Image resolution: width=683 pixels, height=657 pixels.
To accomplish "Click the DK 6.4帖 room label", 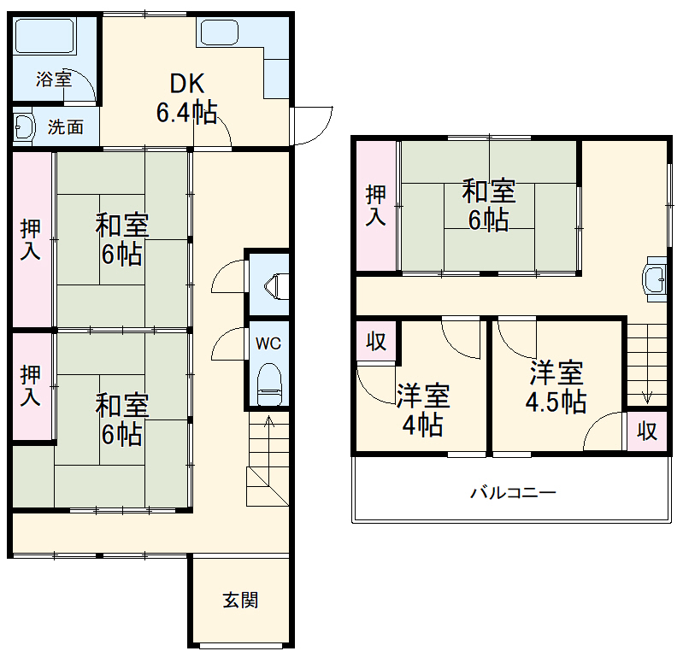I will (x=185, y=97).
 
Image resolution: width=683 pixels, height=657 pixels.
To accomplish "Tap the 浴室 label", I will (x=54, y=79).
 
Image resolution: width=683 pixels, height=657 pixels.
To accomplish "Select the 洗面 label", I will (x=65, y=127).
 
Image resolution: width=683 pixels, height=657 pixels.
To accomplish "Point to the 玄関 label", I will (x=240, y=600).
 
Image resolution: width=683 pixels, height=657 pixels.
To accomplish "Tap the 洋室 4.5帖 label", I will (x=556, y=386).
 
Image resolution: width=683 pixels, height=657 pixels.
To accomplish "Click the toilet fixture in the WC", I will (x=269, y=384).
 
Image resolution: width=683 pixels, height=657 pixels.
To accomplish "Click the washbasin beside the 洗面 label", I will (x=23, y=127).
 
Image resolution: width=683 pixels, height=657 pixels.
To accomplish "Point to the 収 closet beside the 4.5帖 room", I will (x=647, y=431).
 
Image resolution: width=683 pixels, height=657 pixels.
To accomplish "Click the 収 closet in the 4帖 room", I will (x=376, y=342).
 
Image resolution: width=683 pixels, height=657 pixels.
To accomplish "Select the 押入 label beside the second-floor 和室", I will (x=376, y=205).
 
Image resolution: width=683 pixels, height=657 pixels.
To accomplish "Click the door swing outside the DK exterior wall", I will (x=313, y=125).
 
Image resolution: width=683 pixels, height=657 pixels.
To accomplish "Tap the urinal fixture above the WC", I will (x=279, y=285).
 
